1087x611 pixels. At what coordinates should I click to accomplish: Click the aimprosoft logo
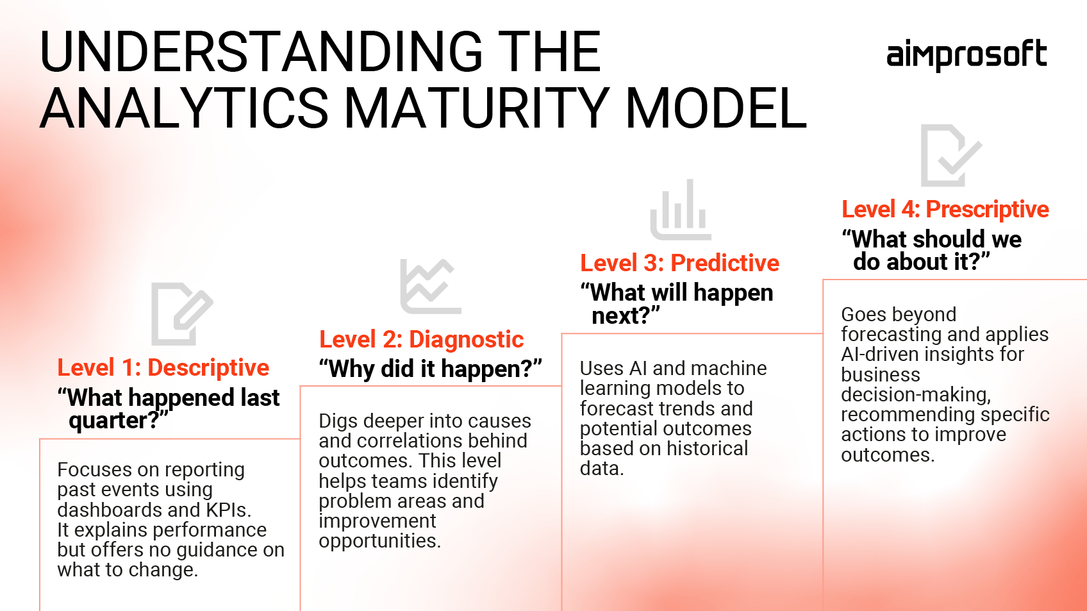[x=966, y=55]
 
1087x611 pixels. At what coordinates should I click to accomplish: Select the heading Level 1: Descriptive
[x=163, y=368]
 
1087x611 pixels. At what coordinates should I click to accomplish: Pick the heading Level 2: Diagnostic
[x=421, y=340]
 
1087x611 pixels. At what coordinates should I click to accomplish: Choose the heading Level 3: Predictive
[x=679, y=264]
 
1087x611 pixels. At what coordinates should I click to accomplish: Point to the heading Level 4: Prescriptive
[x=945, y=210]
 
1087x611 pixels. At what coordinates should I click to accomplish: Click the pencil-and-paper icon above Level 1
[x=181, y=314]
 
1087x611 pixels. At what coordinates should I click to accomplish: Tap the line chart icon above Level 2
[x=430, y=286]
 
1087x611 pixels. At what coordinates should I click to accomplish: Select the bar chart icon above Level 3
[x=680, y=210]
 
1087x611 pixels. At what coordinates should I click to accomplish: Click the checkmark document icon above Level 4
[x=950, y=155]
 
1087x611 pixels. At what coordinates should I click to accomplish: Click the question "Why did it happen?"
[x=430, y=369]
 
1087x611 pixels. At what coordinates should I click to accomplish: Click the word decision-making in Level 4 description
[x=915, y=395]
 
